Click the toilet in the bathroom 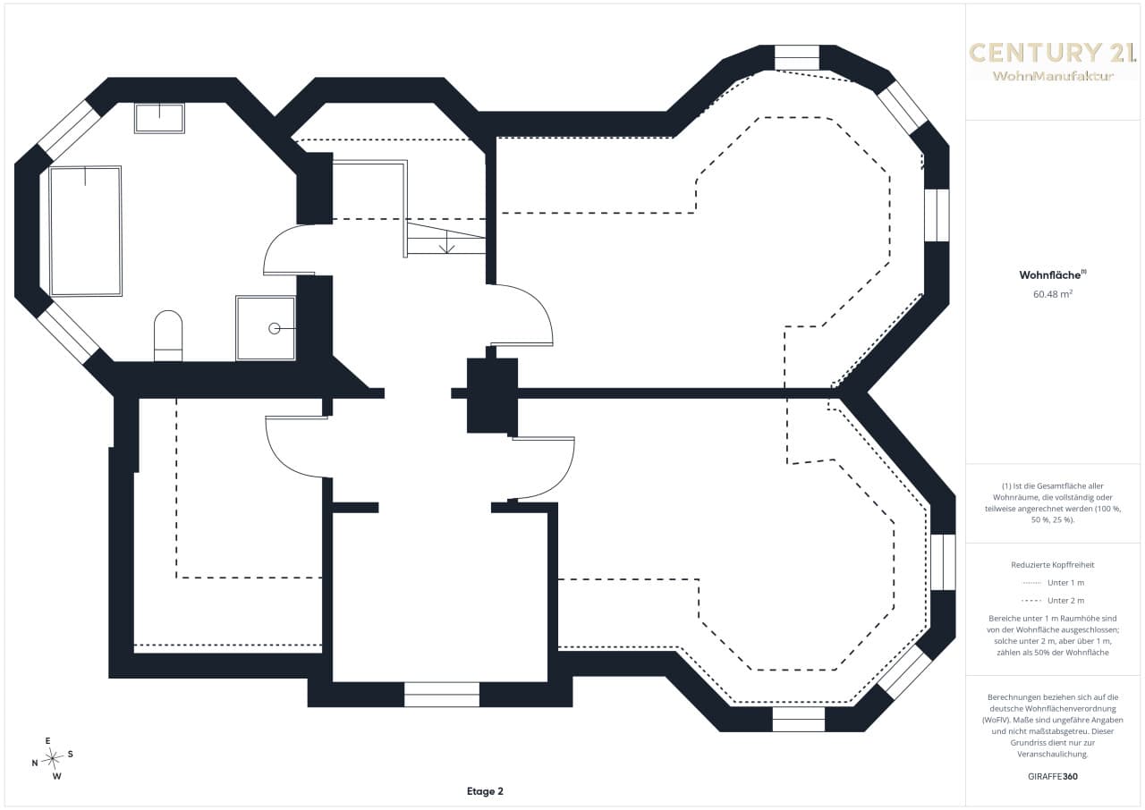(x=168, y=335)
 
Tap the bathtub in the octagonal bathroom (x=86, y=231)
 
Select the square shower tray (x=266, y=328)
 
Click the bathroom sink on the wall (x=159, y=119)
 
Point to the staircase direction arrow (x=446, y=241)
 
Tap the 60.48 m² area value (x=1053, y=294)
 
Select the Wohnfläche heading (x=1053, y=274)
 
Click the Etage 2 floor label (x=485, y=791)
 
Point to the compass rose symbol (x=53, y=758)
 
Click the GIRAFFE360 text (x=1053, y=776)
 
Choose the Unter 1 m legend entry (x=1053, y=583)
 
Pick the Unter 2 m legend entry (x=1053, y=601)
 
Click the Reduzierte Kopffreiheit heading (x=1053, y=565)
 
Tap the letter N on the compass (x=35, y=763)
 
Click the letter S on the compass (x=70, y=755)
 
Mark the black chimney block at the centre (x=492, y=396)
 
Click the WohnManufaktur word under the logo (x=1053, y=76)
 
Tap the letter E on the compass (x=48, y=741)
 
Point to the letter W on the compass (x=57, y=776)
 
